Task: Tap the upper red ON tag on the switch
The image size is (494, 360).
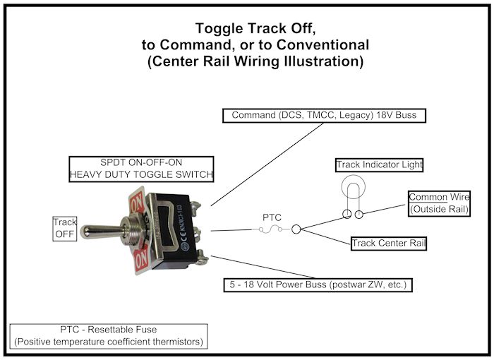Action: [137, 200]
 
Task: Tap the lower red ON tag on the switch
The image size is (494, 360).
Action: [140, 260]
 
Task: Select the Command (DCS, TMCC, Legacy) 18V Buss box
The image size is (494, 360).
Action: [325, 115]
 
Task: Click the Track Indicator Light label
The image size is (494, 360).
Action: [379, 165]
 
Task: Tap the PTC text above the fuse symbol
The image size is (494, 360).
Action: [272, 217]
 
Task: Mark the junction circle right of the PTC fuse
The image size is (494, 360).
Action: [296, 229]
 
